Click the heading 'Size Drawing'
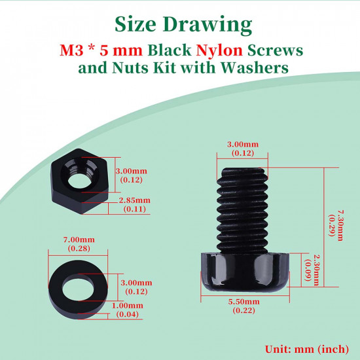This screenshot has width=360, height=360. click(x=183, y=25)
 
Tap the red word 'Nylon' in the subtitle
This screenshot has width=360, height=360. click(x=219, y=50)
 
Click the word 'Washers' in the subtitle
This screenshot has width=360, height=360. click(x=255, y=67)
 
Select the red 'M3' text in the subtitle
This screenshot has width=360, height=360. click(x=71, y=50)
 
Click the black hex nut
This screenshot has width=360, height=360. click(x=80, y=181)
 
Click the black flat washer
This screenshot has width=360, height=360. click(x=78, y=290)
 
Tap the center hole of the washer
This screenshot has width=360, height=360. click(x=78, y=287)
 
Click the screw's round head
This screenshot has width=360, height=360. click(x=245, y=272)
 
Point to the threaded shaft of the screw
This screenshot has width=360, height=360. click(x=242, y=210)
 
